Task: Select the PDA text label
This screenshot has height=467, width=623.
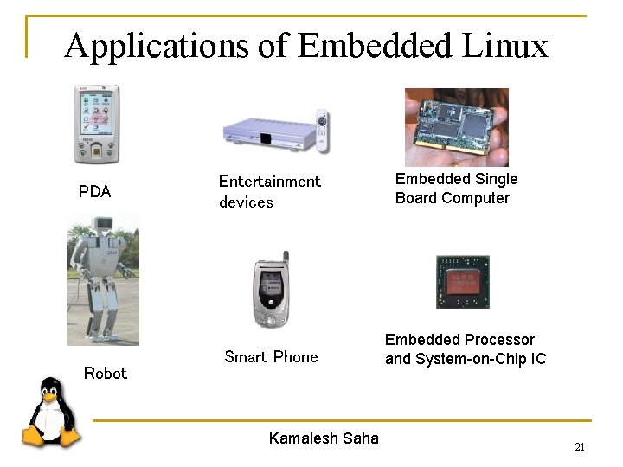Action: point(94,192)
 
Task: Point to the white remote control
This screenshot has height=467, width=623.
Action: point(322,131)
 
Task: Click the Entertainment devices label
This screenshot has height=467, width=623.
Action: point(269,191)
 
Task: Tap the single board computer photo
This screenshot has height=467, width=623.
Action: point(457,126)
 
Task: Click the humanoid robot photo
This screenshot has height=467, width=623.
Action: point(103,279)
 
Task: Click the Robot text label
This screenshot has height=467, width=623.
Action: point(105,374)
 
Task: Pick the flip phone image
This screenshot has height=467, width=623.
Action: point(272,291)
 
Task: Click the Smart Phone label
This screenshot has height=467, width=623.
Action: point(271,357)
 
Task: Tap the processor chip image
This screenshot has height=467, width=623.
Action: point(463,282)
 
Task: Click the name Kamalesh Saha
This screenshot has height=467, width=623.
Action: point(324,438)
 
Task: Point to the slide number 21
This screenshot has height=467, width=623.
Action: point(580,447)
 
